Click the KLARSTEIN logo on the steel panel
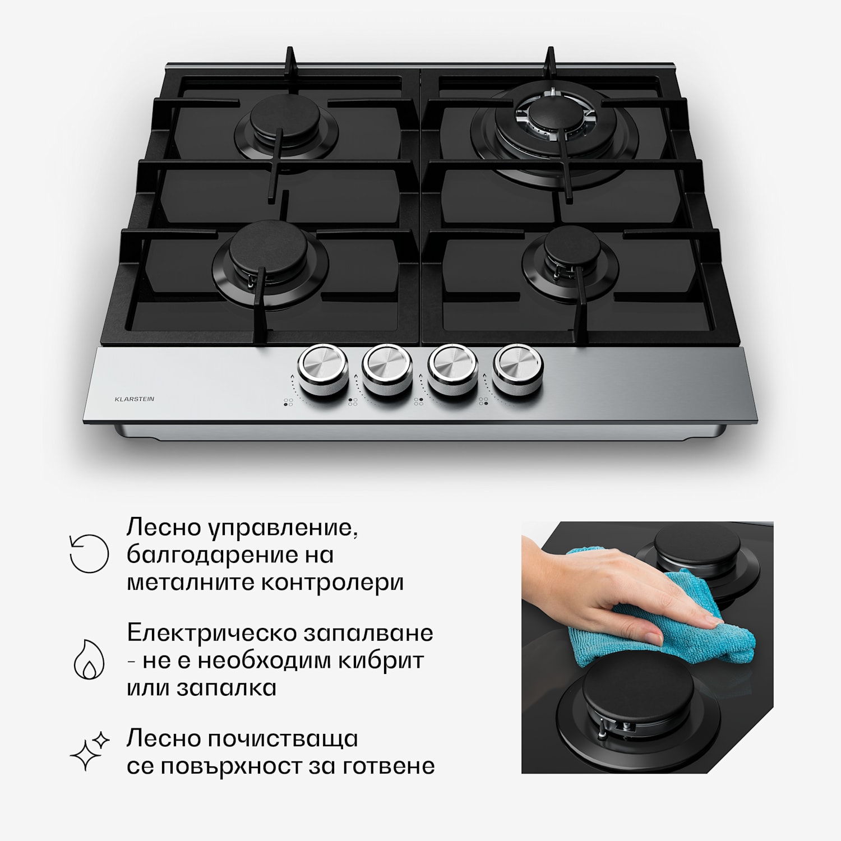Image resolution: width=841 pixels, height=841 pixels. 134,399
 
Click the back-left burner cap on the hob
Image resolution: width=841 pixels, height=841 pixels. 284,121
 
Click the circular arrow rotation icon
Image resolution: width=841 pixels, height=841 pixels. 89,553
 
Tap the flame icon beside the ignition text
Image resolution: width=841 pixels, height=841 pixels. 90,659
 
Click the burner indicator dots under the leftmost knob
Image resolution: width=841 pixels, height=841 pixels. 288,402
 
